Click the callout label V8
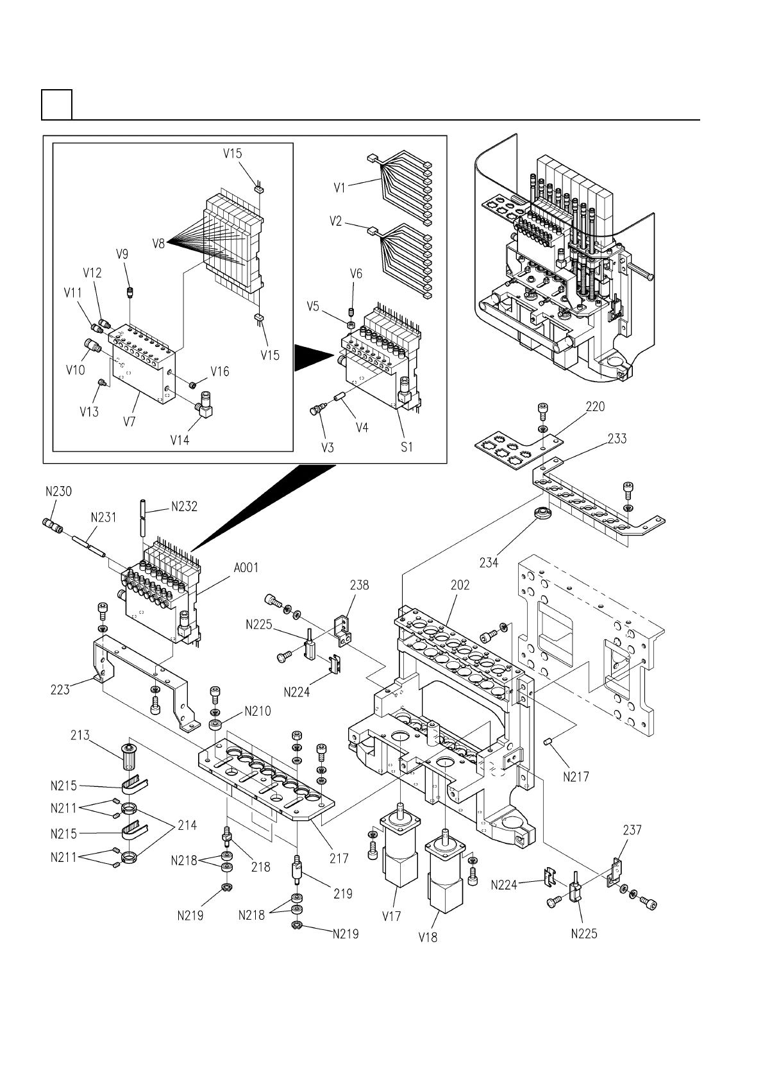pyautogui.click(x=158, y=244)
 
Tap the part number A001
pyautogui.click(x=246, y=568)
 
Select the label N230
pyautogui.click(x=59, y=491)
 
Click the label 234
pyautogui.click(x=489, y=562)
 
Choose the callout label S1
pyautogui.click(x=407, y=447)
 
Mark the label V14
pyautogui.click(x=180, y=440)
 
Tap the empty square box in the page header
pyautogui.click(x=57, y=105)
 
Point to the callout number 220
pyautogui.click(x=595, y=407)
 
